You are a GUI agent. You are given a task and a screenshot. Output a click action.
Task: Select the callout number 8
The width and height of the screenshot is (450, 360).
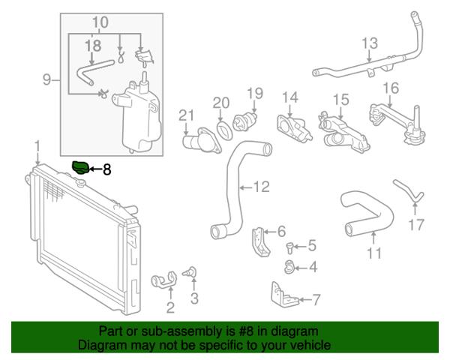pyautogui.click(x=106, y=170)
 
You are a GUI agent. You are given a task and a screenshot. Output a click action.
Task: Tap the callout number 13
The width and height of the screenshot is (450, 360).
pyautogui.click(x=370, y=44)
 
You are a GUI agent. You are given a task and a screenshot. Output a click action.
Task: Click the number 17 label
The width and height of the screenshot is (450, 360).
pyautogui.click(x=416, y=223)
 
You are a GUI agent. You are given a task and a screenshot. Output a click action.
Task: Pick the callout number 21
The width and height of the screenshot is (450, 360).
pyautogui.click(x=185, y=115)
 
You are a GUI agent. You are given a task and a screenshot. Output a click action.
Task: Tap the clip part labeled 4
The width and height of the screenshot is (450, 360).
pyautogui.click(x=289, y=265)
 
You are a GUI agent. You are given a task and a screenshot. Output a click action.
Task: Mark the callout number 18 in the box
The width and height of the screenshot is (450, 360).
pyautogui.click(x=92, y=46)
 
